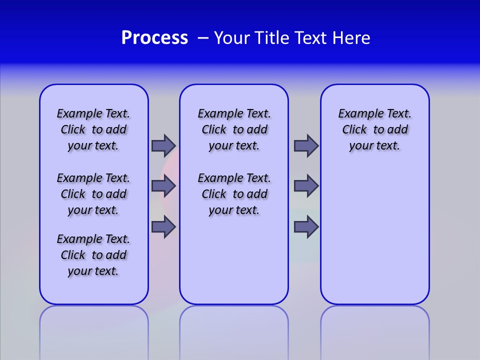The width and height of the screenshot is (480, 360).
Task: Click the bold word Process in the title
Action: coord(154,38)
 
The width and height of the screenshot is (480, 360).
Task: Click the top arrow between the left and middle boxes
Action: coord(163,145)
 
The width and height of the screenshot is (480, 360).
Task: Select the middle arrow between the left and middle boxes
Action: coord(163,186)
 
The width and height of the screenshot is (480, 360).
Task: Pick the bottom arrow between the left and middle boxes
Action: coord(163,226)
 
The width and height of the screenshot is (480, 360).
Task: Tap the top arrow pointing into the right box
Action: coord(306,145)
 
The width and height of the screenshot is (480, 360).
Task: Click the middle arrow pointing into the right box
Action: coord(306,186)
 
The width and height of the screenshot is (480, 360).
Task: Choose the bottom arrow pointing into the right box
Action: coord(306,226)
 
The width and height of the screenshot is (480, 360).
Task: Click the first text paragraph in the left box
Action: coord(93,129)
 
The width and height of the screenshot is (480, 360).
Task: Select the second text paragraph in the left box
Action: coord(93,194)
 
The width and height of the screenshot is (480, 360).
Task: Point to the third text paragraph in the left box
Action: coord(93,255)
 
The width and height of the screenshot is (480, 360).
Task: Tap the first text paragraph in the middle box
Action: coord(234,129)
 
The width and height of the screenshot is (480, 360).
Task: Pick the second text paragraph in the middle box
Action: coord(234,194)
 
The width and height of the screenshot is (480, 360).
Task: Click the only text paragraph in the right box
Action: coord(374,129)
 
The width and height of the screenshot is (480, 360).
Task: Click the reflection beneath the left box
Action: coord(94,330)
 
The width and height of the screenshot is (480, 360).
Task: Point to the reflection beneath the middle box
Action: coord(234,330)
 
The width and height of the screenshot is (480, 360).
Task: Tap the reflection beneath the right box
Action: coord(374,330)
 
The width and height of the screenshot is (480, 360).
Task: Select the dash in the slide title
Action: coord(203,38)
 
